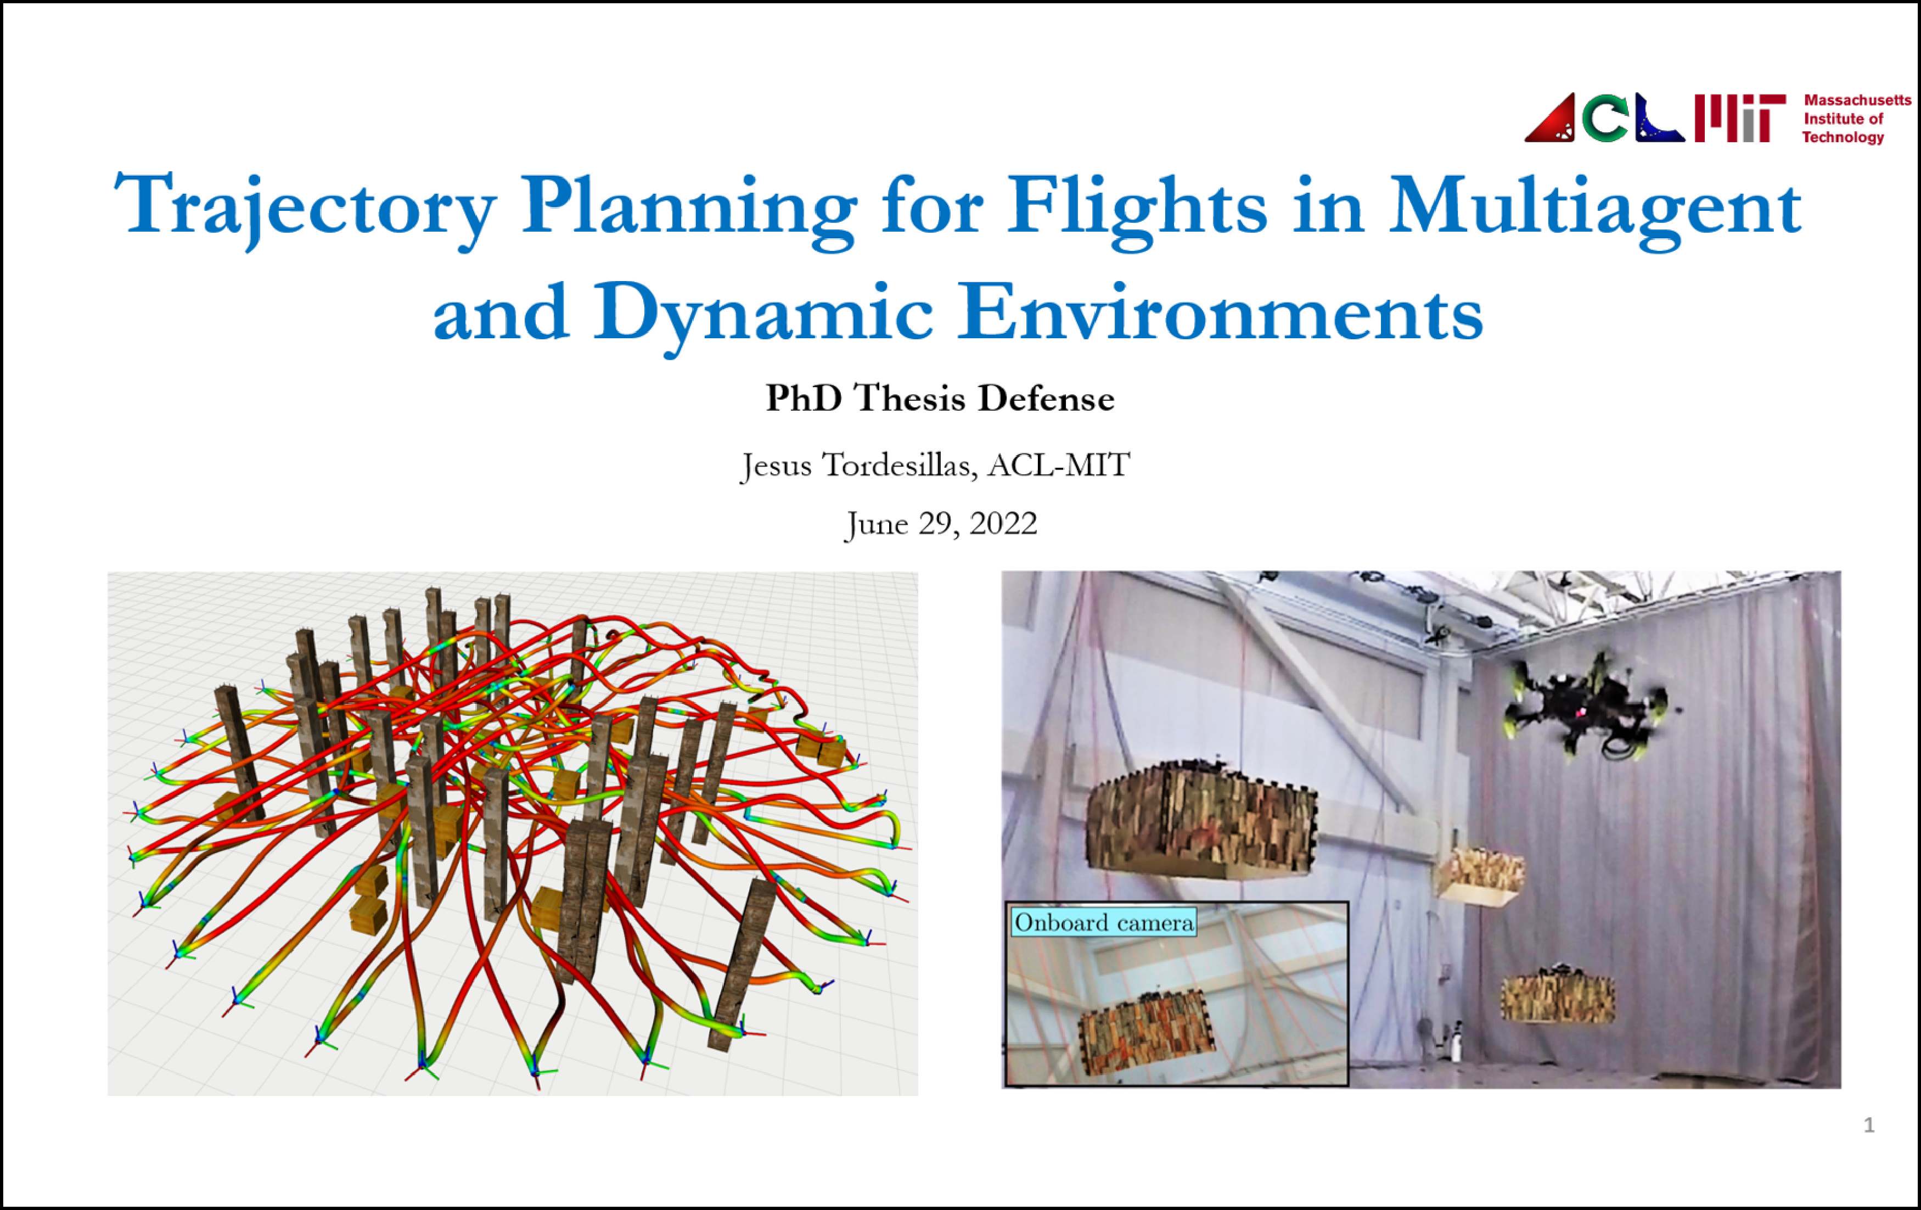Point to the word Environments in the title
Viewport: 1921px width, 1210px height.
point(1221,311)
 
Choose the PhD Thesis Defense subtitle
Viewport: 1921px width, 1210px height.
point(940,397)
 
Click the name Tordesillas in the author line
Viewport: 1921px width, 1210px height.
point(900,464)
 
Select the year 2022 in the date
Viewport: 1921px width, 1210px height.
point(1003,524)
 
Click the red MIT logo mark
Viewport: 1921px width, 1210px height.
point(1740,118)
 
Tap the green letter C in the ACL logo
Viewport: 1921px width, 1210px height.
point(1605,118)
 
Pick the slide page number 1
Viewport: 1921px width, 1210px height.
point(1868,1124)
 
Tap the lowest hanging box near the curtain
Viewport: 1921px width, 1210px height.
point(1558,995)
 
